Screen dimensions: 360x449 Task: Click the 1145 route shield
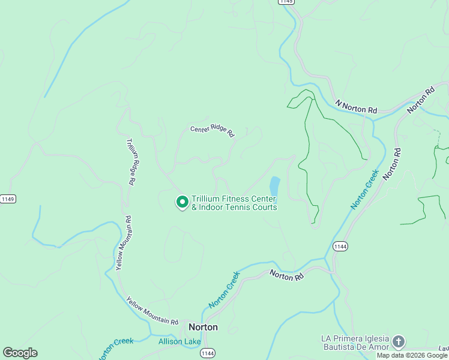click(286, 2)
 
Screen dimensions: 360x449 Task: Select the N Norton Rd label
click(357, 107)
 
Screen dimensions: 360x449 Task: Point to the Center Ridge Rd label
click(212, 130)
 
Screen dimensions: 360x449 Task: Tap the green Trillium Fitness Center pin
click(181, 202)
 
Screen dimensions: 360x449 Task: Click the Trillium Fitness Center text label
click(234, 203)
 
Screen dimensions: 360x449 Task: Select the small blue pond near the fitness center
click(274, 186)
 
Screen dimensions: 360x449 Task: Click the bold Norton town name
click(203, 328)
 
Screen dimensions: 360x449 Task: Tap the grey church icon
click(399, 343)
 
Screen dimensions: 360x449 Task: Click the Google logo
click(20, 353)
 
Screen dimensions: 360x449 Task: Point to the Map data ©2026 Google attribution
click(412, 355)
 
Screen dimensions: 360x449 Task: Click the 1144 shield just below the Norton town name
click(208, 353)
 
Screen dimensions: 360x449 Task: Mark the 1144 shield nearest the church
click(340, 246)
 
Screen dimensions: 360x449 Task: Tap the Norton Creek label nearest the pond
click(364, 190)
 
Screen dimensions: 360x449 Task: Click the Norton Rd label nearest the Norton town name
click(287, 275)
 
